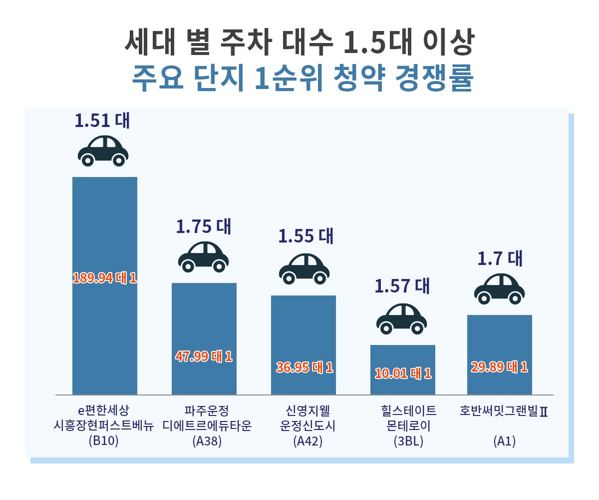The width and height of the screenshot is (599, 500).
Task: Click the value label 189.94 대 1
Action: [104, 278]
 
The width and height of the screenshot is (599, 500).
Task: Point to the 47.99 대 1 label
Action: [204, 356]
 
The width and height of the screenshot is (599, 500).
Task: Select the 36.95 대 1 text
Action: [304, 367]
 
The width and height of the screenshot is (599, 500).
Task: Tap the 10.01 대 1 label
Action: [402, 373]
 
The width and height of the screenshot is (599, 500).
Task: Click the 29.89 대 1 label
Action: [499, 367]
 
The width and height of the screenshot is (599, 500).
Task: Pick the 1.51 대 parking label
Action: [102, 120]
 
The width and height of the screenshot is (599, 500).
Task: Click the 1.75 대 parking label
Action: [203, 226]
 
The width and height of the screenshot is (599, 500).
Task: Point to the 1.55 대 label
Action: [305, 236]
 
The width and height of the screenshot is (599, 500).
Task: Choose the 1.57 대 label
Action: [402, 285]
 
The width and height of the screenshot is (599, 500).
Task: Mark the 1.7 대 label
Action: [500, 258]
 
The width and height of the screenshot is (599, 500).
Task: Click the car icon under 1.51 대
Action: [103, 150]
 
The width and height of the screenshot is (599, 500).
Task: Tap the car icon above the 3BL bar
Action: [401, 318]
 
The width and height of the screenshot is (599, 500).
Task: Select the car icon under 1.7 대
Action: [499, 288]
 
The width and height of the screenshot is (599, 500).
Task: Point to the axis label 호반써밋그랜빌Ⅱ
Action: [503, 411]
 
